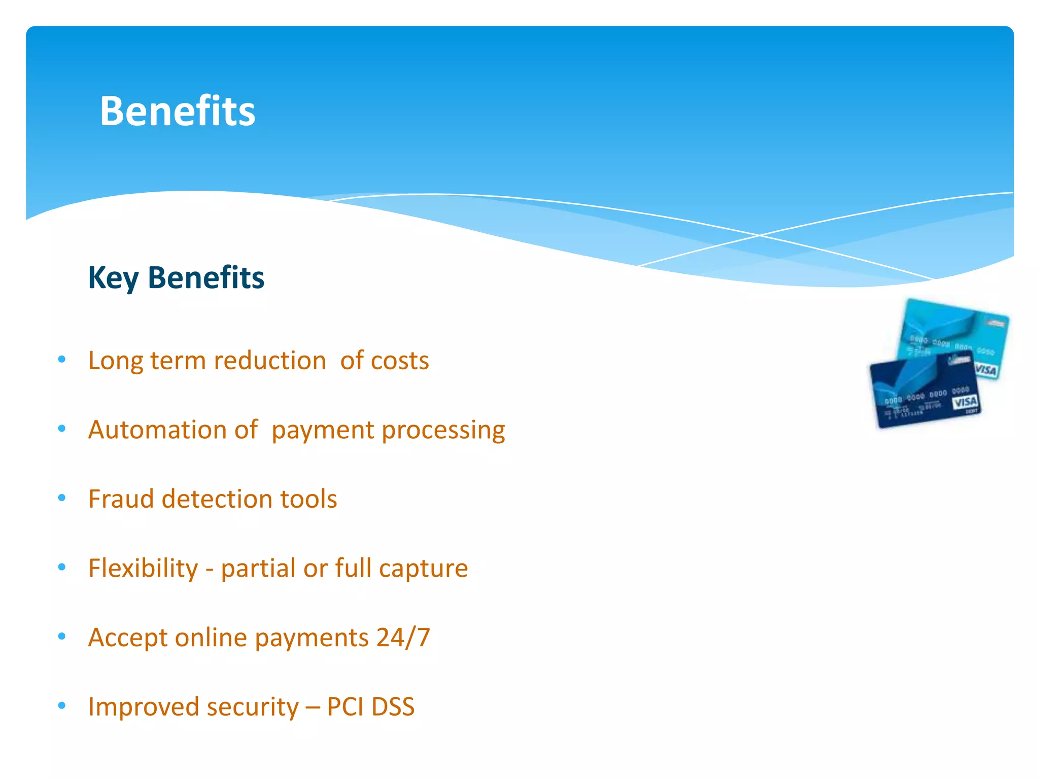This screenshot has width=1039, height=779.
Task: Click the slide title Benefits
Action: pyautogui.click(x=178, y=111)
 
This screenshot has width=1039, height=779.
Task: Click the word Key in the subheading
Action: pyautogui.click(x=113, y=278)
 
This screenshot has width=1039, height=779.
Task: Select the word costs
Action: pyautogui.click(x=400, y=361)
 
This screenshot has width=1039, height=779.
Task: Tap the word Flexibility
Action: pyautogui.click(x=143, y=568)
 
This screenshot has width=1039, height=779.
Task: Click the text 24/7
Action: pyautogui.click(x=403, y=637)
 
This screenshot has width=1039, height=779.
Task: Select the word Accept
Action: pyautogui.click(x=128, y=638)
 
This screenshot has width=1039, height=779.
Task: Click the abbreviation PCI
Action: pyautogui.click(x=345, y=706)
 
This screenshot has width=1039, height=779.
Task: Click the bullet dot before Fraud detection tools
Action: pyautogui.click(x=62, y=498)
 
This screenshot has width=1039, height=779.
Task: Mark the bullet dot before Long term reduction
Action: pyautogui.click(x=62, y=360)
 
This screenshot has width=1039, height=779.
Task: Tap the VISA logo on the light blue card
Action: pyautogui.click(x=985, y=370)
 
